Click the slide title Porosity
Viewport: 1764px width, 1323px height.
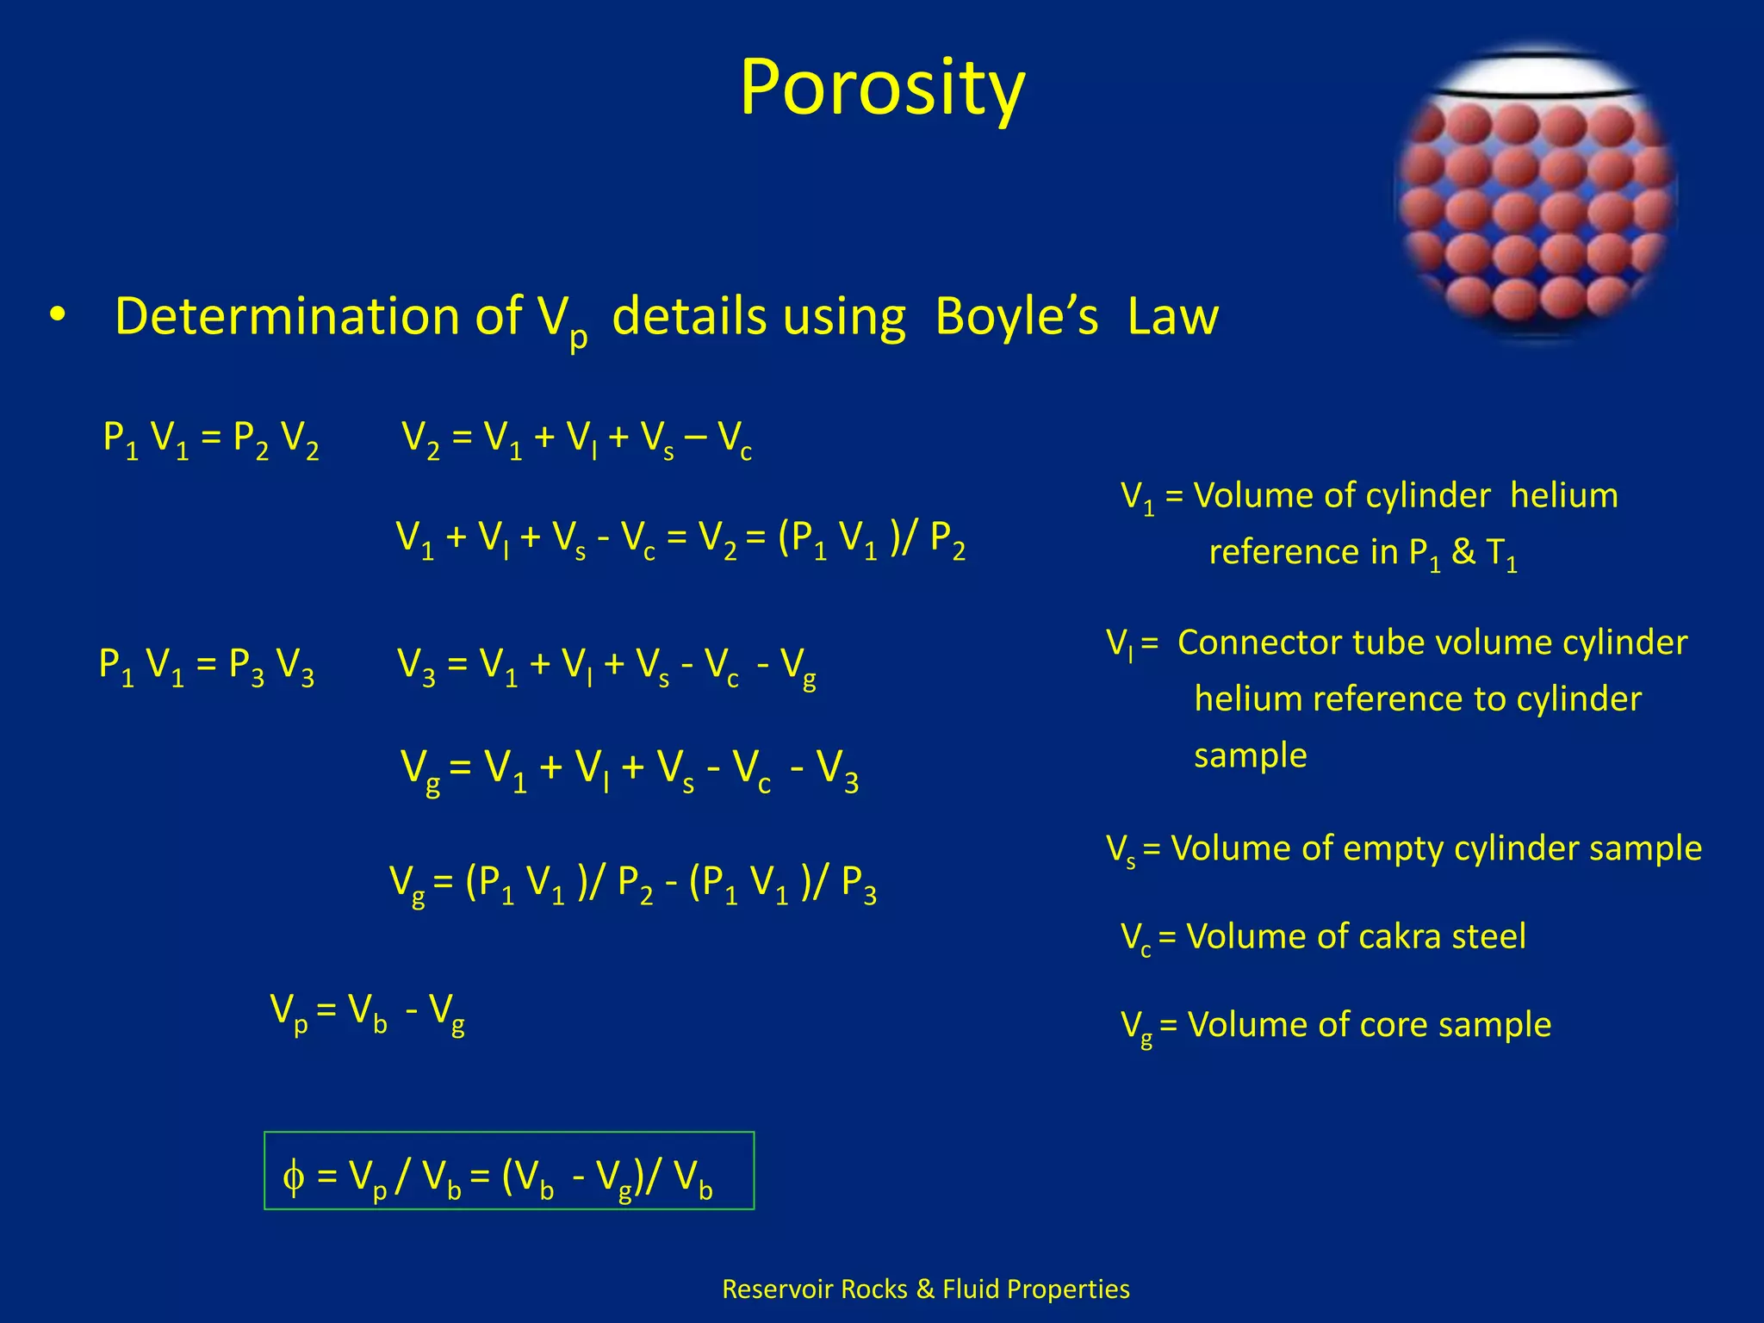coord(882,88)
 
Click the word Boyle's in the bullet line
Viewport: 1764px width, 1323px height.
coord(1016,316)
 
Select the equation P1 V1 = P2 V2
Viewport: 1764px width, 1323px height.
coord(210,439)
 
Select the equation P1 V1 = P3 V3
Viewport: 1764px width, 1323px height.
coord(206,666)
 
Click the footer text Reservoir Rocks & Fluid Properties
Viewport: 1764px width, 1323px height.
coord(925,1289)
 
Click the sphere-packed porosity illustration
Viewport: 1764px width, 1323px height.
coord(1535,194)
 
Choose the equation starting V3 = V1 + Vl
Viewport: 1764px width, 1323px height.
coord(606,666)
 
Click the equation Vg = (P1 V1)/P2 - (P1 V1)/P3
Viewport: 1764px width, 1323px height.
coord(632,884)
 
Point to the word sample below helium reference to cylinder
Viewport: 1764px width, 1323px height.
coord(1250,755)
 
